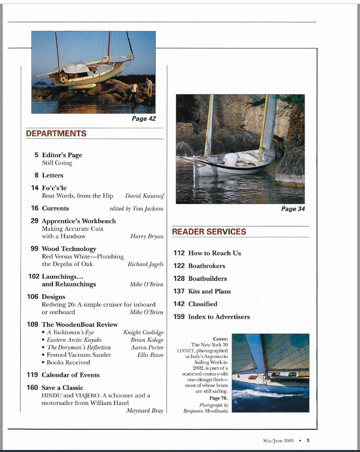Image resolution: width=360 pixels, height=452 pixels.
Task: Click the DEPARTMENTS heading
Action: click(x=56, y=134)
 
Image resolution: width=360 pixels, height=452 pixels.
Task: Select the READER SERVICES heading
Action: click(x=209, y=232)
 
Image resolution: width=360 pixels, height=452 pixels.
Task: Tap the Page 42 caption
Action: click(x=143, y=119)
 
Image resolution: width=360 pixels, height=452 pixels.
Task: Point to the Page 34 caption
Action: click(x=293, y=209)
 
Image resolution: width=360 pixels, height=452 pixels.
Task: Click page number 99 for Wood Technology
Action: click(x=34, y=249)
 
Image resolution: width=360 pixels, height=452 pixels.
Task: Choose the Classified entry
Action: click(x=202, y=304)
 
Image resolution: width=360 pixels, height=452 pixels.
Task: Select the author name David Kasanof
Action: click(x=144, y=195)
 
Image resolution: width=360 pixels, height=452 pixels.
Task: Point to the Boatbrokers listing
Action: click(x=207, y=266)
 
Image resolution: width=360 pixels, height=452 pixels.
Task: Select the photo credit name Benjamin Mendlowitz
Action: click(x=205, y=411)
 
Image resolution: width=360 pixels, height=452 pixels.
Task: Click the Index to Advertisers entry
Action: click(x=219, y=317)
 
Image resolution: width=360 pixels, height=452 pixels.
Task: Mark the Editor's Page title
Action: click(x=62, y=155)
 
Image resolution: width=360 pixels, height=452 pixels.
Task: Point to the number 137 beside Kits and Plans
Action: click(x=179, y=291)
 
